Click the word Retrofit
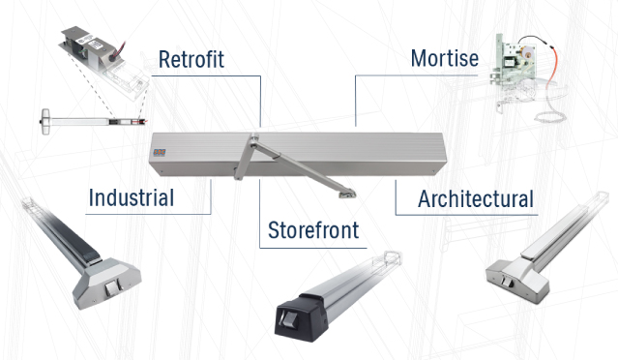(191, 60)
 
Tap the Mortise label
(445, 58)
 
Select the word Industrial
(132, 197)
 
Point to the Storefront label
(313, 230)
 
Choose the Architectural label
(476, 198)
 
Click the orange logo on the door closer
(160, 152)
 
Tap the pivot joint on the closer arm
(254, 139)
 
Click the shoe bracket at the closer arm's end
(347, 194)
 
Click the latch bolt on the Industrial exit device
(111, 289)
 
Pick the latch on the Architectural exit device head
(506, 282)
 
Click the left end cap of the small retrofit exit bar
(45, 122)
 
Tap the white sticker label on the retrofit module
(93, 42)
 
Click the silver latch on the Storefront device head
(288, 318)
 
